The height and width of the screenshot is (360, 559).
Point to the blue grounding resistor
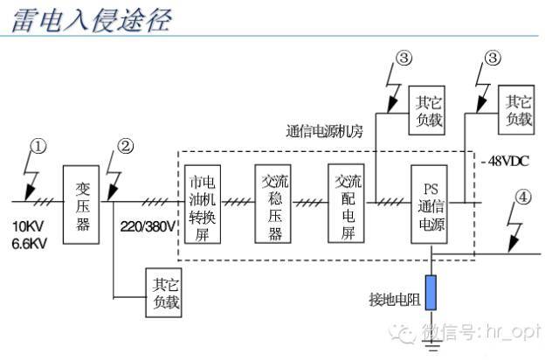[431, 293]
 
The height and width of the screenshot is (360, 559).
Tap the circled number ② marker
[126, 146]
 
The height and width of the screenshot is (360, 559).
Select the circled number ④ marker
[522, 197]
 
